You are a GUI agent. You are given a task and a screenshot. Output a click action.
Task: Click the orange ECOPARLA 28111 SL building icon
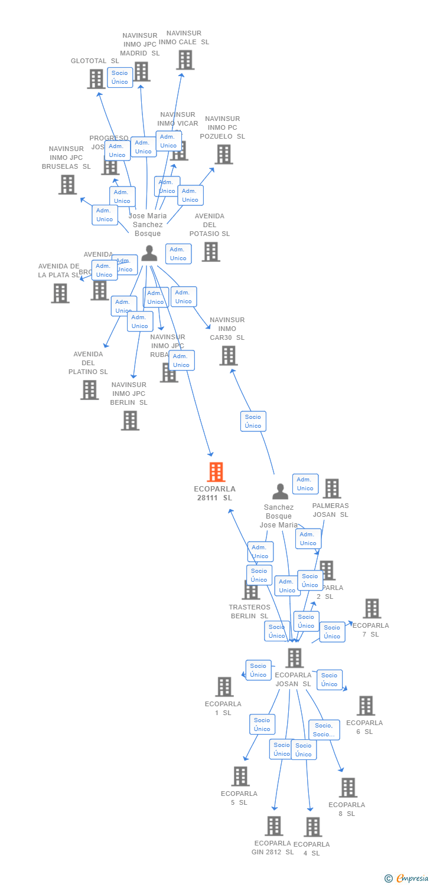[x=216, y=472]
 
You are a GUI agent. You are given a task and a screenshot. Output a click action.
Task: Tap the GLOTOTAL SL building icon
[x=96, y=79]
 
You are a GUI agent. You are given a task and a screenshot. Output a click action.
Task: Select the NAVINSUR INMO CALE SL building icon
[x=185, y=60]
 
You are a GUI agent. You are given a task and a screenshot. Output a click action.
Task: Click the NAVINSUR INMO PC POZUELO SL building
[x=223, y=155]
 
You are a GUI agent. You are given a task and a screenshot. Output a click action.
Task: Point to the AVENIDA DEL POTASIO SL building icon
[x=210, y=252]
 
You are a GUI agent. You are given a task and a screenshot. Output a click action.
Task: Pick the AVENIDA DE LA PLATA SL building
[x=60, y=293]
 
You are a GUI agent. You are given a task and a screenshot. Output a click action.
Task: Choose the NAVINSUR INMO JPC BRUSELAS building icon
[x=67, y=185]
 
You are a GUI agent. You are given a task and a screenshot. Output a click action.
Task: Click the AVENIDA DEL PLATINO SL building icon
[x=89, y=390]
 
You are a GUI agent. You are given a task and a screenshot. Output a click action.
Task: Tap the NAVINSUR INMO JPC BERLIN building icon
[x=130, y=421]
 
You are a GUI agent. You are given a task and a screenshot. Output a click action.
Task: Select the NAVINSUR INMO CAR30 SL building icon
[x=228, y=356]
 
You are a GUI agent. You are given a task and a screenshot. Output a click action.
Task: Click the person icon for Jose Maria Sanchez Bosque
[x=149, y=253]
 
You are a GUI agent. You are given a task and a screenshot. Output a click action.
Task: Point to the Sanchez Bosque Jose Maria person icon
[x=280, y=491]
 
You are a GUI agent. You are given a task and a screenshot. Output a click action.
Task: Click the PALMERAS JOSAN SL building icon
[x=331, y=489]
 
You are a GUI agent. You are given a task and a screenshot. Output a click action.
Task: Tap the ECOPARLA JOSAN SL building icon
[x=294, y=658]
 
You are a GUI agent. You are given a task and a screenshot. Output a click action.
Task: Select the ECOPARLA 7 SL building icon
[x=372, y=608]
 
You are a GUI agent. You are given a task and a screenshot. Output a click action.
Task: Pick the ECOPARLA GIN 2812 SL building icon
[x=273, y=826]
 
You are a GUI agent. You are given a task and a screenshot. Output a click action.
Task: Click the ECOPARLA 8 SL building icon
[x=348, y=788]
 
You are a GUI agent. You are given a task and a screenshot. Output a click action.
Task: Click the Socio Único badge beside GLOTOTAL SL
[x=120, y=77]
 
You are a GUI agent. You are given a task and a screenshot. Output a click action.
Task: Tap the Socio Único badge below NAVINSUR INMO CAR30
[x=253, y=421]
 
